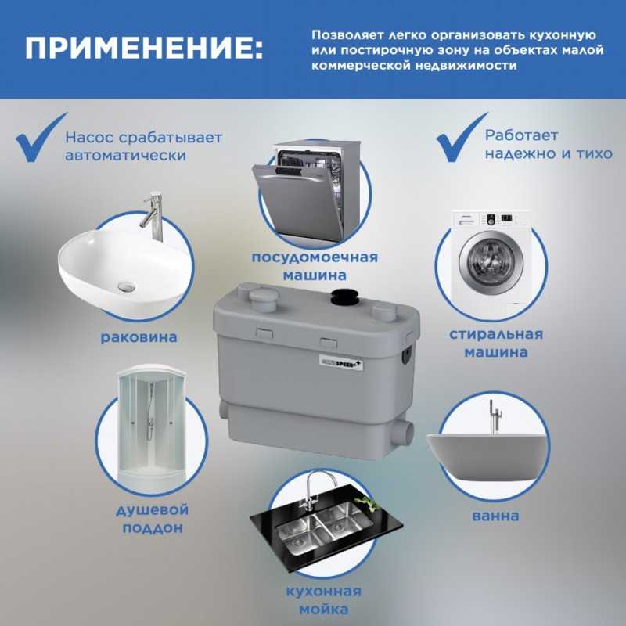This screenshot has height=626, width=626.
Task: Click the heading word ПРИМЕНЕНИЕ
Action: pos(144,49)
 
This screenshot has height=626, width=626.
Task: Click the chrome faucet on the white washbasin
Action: pos(153,217)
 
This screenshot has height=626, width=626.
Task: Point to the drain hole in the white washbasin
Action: pos(127,286)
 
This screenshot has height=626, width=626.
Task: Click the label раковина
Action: pos(139,337)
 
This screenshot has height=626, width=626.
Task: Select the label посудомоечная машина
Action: pos(315,266)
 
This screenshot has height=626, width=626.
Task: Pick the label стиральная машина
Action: pos(496,343)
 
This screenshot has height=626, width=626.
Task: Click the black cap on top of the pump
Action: pos(344,296)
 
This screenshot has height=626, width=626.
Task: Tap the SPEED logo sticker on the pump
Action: pos(341,362)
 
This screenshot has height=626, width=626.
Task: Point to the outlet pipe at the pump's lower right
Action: pos(402,435)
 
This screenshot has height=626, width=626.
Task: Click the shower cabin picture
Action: pos(152,426)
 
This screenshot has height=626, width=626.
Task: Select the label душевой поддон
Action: pos(152,519)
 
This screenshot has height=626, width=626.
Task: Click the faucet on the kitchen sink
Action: pos(315,491)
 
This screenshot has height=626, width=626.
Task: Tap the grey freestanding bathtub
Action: pos(487,455)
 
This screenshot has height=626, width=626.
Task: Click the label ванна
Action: pos(495,516)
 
